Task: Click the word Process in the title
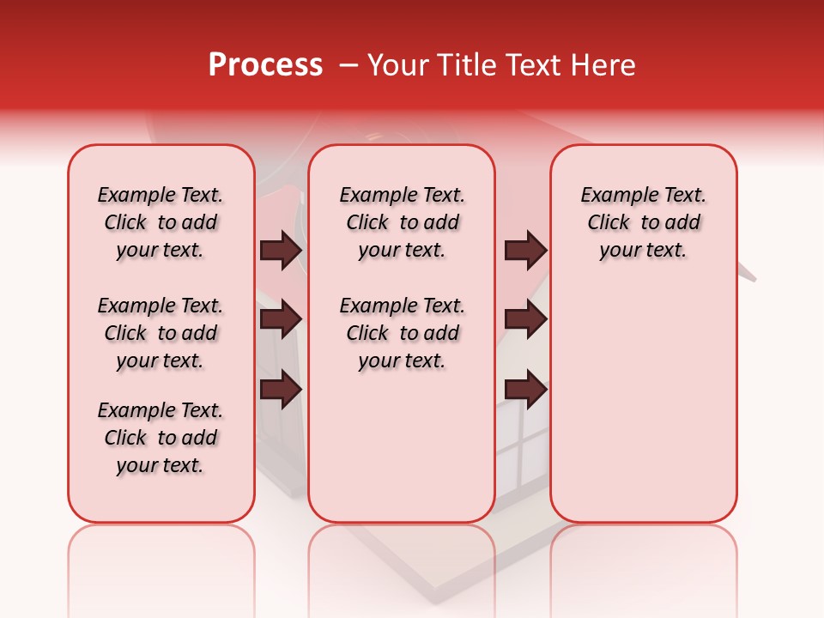265,65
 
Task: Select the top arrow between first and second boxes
281,250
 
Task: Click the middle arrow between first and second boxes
281,319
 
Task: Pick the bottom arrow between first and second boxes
281,390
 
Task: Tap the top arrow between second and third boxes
525,250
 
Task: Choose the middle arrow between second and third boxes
525,319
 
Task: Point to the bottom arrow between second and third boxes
525,390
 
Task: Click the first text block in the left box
161,222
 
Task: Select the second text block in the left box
161,333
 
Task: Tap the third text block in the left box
161,438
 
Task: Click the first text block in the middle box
402,222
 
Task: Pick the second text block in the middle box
402,333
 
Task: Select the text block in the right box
643,222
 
